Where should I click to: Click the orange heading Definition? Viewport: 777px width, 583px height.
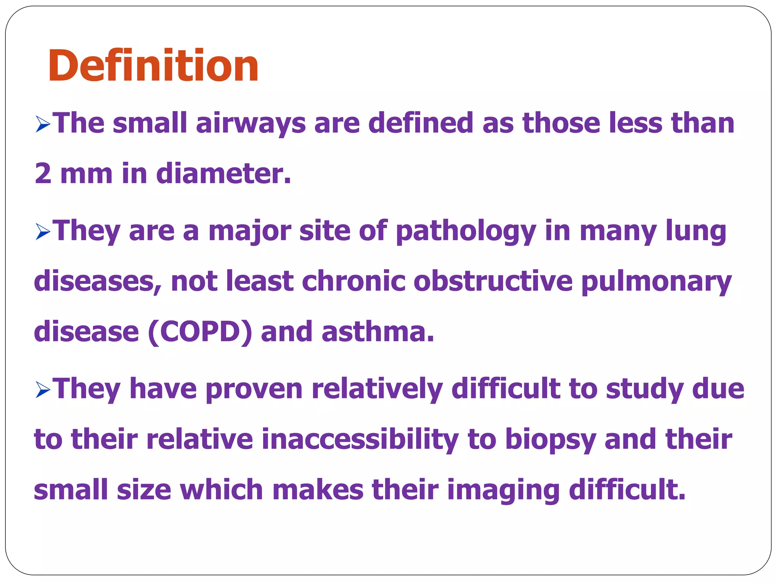coord(153,66)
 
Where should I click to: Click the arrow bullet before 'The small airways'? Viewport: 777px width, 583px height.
coord(43,124)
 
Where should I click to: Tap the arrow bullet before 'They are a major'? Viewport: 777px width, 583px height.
coord(43,232)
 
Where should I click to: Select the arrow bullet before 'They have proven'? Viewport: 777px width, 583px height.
coord(43,390)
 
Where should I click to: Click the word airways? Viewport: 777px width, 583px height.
coord(251,123)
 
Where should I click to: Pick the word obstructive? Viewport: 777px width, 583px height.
coord(493,281)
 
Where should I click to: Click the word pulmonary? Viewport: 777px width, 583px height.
coord(656,282)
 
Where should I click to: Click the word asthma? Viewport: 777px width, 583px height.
coord(377,332)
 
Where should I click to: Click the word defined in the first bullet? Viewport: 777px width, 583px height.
coord(421,123)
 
